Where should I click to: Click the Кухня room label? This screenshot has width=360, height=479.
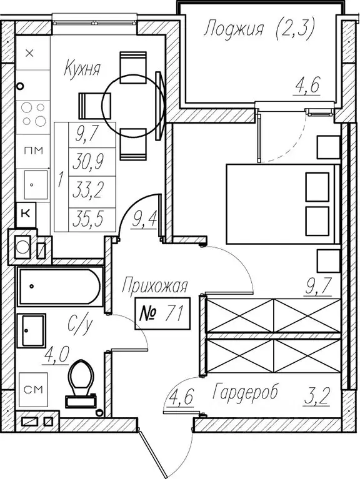click(82, 69)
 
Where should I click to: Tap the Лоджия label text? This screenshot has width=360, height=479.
click(234, 30)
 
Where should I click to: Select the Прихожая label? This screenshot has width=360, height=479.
click(154, 286)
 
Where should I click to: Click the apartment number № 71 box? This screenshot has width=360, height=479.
click(162, 314)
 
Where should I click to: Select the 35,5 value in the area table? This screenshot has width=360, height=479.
click(88, 219)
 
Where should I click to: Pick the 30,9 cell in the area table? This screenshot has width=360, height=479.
click(88, 161)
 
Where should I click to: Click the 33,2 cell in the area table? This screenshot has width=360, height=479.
click(88, 190)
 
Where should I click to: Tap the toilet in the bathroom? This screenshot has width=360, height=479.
click(81, 383)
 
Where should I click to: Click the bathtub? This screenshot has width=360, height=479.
click(60, 286)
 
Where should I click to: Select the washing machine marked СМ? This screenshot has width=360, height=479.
click(33, 390)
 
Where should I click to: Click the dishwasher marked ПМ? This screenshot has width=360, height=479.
click(33, 151)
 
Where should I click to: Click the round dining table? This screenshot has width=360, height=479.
click(133, 106)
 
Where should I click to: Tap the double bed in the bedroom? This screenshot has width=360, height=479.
click(283, 204)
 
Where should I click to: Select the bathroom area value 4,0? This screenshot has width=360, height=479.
click(56, 355)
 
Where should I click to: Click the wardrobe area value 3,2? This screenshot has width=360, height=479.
click(316, 397)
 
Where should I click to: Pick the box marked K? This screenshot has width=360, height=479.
click(26, 214)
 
